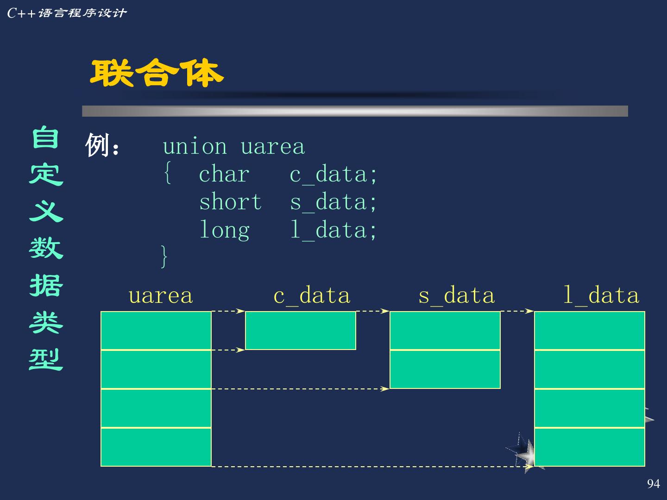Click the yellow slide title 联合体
(x=157, y=73)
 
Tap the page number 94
(x=653, y=484)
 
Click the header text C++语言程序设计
(x=67, y=13)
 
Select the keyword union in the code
(x=195, y=147)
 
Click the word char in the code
(x=224, y=175)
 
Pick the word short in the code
(x=230, y=202)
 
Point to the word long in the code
(x=224, y=230)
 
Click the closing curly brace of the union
(x=164, y=256)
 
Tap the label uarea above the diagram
(x=160, y=296)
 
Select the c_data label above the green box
(x=312, y=296)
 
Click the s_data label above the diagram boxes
(x=456, y=296)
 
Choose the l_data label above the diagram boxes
(x=601, y=296)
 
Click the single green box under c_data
(x=300, y=331)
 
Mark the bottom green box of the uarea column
(x=156, y=447)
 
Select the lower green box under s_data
(x=445, y=369)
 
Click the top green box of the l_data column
(x=589, y=331)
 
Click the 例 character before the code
(x=97, y=146)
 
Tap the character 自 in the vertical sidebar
(x=45, y=138)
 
